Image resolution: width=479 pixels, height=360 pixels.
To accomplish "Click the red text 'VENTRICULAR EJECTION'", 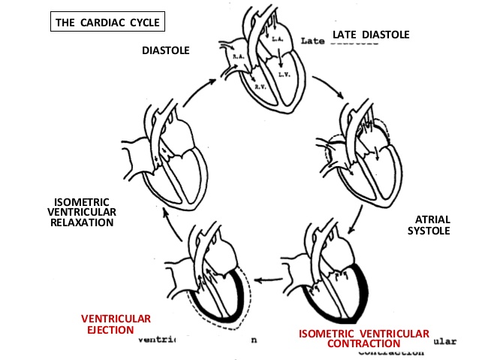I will (x=116, y=324).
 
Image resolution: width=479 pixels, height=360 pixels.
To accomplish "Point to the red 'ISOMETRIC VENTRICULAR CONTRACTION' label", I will (x=364, y=337).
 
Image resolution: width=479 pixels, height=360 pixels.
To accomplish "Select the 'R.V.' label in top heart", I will (x=260, y=87).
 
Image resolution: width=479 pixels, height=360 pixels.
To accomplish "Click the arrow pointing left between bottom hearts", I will (x=266, y=280).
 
